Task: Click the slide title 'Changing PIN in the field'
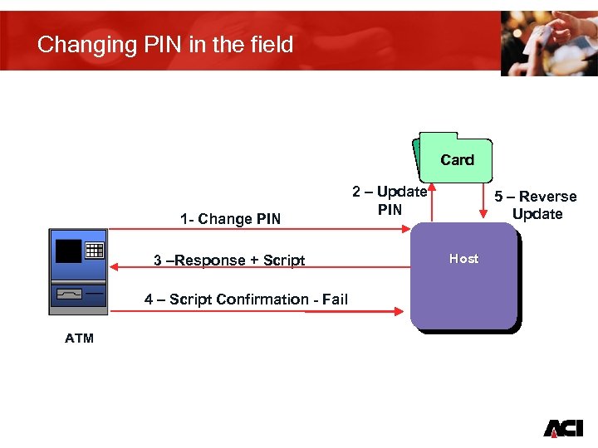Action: pos(165,44)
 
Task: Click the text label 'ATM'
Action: pos(79,338)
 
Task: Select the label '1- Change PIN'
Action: pos(230,219)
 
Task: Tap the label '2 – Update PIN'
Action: pos(390,201)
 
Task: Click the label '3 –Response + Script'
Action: pos(229,261)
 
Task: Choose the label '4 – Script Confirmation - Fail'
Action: pos(246,299)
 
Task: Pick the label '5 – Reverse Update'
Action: pos(536,205)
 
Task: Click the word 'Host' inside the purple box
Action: pos(463,259)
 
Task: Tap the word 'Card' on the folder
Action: pos(457,160)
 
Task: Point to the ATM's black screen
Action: pos(67,249)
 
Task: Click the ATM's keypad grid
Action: pos(94,250)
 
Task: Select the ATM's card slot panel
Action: pos(71,294)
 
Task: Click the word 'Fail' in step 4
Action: pos(334,299)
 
